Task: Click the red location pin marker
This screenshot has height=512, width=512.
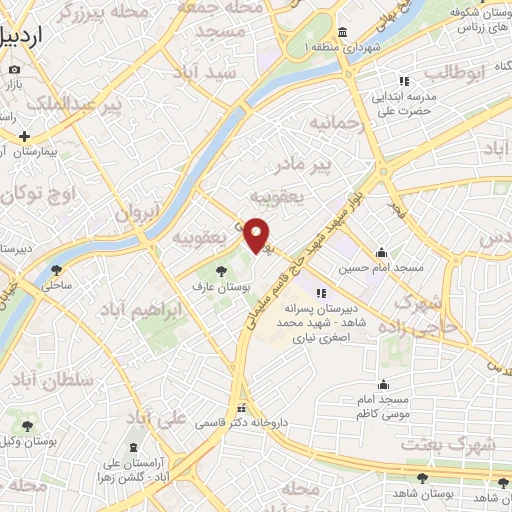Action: click(257, 234)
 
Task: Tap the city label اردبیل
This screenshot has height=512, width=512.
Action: click(25, 38)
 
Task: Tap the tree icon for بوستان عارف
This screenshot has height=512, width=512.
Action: click(220, 269)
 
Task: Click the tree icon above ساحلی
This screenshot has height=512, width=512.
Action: click(56, 268)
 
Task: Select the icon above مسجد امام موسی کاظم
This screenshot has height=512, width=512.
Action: click(382, 384)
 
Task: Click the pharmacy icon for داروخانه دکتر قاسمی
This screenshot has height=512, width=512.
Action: click(241, 408)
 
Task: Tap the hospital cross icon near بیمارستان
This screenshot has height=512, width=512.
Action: click(24, 136)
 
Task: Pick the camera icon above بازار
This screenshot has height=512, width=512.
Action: click(14, 70)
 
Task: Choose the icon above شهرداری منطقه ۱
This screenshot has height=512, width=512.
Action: click(342, 31)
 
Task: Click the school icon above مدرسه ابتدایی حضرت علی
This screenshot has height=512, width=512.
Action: click(404, 81)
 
